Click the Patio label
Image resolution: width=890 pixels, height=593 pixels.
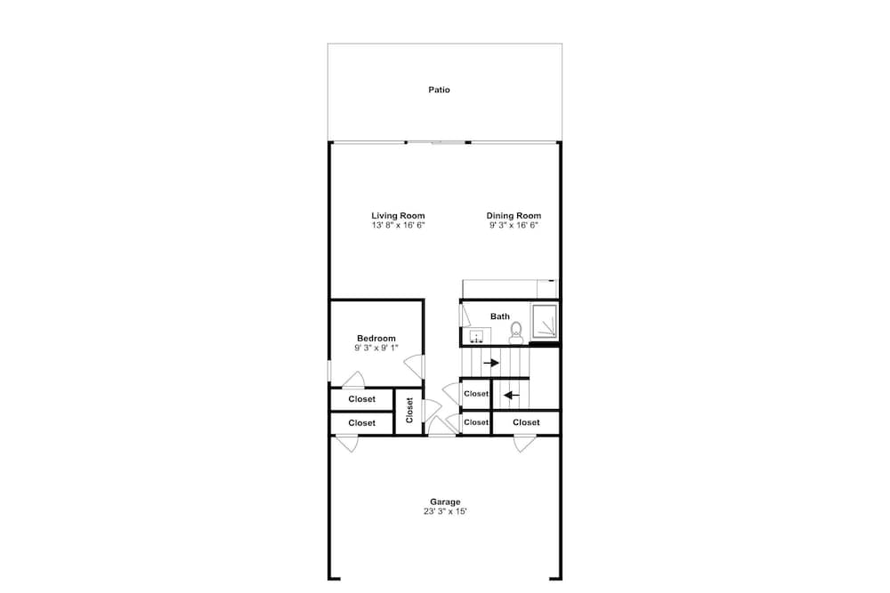coord(439,90)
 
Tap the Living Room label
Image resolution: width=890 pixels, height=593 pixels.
coord(398,215)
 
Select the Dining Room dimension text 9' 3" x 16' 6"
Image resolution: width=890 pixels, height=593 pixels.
coord(514,225)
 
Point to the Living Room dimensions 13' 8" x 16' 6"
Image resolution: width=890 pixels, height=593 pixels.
coord(398,225)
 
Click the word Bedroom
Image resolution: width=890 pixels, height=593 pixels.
coord(376,339)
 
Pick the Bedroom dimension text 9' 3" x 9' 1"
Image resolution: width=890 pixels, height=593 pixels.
coord(376,348)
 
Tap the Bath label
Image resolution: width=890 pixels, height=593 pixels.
coord(500,317)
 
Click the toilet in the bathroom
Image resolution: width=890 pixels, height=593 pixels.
coord(516,333)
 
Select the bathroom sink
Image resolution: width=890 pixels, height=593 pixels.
coord(476,336)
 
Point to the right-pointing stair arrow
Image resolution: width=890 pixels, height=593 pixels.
coord(491,363)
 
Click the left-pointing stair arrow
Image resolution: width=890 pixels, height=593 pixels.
coord(512,395)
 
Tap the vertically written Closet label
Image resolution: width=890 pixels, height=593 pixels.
coord(409,411)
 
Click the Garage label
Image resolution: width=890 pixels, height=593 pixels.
coord(445,501)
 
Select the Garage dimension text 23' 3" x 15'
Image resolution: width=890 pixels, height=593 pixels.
coord(445,511)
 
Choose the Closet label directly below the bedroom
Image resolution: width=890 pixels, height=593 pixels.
coord(361,399)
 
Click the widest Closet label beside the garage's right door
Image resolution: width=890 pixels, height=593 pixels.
coord(526,422)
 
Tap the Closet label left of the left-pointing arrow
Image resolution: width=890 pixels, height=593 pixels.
coord(475,394)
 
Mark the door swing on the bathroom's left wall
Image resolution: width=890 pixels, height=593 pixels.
coord(465,316)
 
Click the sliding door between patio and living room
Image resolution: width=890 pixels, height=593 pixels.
coord(438,142)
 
